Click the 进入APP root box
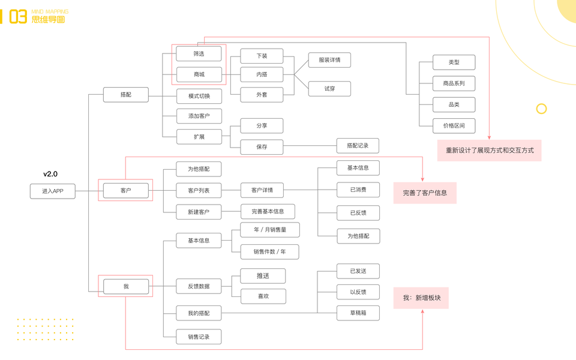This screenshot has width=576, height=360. [x=53, y=191]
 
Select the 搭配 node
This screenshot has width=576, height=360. [x=125, y=95]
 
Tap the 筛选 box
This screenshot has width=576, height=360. [x=199, y=53]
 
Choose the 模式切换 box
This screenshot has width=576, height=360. [x=199, y=96]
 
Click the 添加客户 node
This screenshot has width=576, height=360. [x=199, y=116]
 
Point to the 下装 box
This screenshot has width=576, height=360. [x=262, y=56]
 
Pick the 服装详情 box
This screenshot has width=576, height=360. [x=329, y=60]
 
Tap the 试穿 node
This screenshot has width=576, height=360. [x=329, y=88]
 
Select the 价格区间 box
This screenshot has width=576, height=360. [x=454, y=125]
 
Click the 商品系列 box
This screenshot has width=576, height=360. [x=454, y=83]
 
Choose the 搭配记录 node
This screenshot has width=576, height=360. [x=358, y=145]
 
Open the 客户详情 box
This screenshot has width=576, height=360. [x=262, y=190]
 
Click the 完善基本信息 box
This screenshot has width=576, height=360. [x=268, y=211]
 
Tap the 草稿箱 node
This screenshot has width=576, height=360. [x=358, y=313]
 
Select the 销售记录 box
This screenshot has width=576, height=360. [x=199, y=337]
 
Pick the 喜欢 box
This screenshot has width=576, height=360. [x=263, y=296]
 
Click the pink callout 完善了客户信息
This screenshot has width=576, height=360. [x=425, y=193]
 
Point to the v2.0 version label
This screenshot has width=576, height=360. [x=50, y=174]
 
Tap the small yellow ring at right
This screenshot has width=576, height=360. [x=541, y=109]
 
